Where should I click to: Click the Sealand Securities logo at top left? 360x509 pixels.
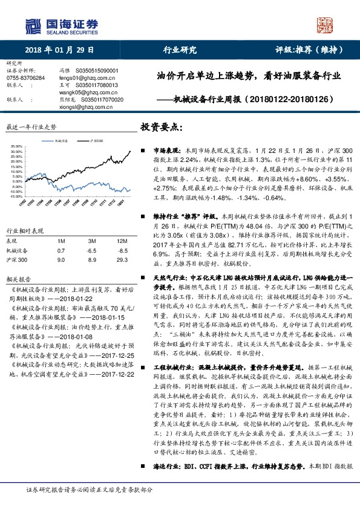coord(61,25)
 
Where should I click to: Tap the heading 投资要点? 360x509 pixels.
coord(161,128)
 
